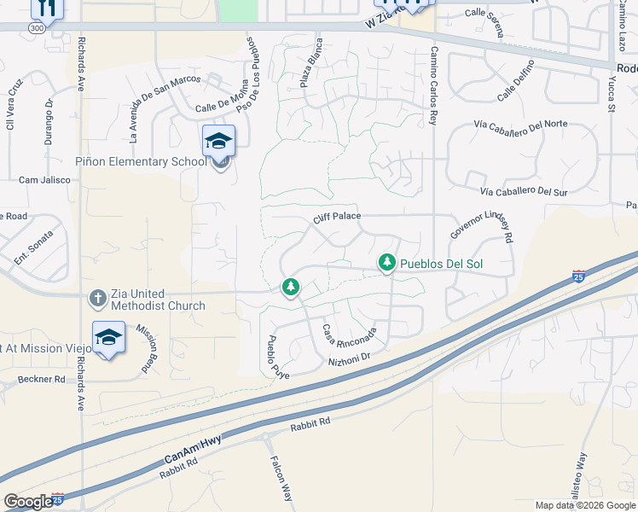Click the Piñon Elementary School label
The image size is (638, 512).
coord(141,161)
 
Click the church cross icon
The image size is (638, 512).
coord(98,299)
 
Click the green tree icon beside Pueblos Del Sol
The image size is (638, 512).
coord(387,263)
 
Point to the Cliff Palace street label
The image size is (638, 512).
coord(337,218)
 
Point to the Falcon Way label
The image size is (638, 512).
coord(280,483)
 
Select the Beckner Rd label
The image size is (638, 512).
coord(41,379)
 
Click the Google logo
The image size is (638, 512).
coord(28,502)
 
